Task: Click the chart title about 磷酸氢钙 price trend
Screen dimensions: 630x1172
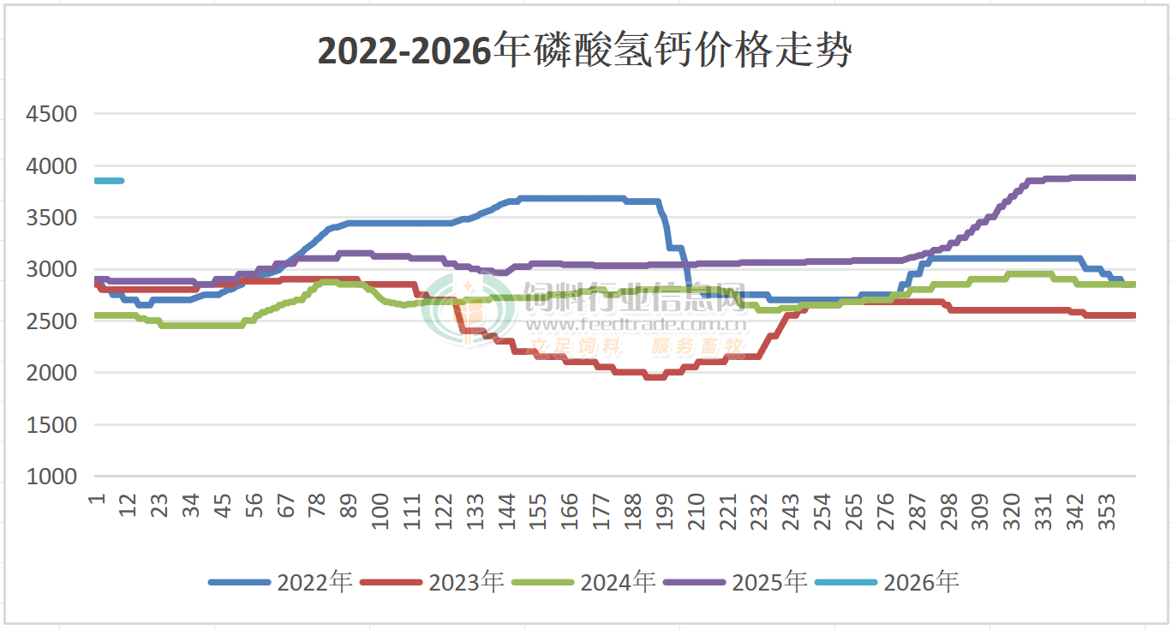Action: (x=585, y=51)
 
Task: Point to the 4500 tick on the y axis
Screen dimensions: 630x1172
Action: (x=52, y=114)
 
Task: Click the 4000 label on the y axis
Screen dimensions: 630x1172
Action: (x=52, y=165)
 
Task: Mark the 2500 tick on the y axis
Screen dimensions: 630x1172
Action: (x=52, y=321)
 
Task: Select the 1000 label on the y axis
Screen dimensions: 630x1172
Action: (x=52, y=477)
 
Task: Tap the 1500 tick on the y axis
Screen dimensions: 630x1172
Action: (x=52, y=424)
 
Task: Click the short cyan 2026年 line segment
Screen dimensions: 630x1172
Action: (x=109, y=181)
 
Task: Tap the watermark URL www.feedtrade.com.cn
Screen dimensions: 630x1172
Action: (x=635, y=325)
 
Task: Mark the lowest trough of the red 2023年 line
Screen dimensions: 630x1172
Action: (x=654, y=376)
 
